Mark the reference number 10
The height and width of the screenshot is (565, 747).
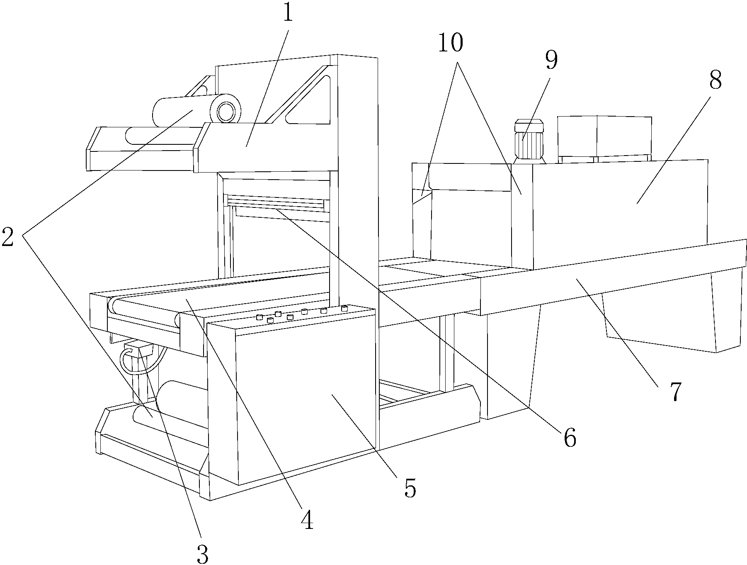[450, 42]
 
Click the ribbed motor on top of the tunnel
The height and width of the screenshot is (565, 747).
[529, 141]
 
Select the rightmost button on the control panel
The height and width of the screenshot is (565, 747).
[344, 308]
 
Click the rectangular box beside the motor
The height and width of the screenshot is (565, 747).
[604, 138]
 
